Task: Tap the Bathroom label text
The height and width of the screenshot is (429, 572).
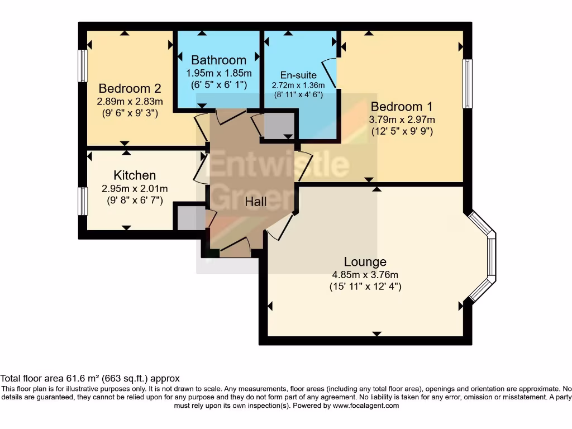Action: [x=218, y=60]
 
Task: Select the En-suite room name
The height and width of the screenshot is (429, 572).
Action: [x=298, y=75]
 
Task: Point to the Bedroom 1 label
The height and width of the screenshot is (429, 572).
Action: [x=402, y=106]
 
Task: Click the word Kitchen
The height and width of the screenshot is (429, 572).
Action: [x=135, y=175]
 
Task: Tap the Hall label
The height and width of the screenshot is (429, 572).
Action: [x=256, y=202]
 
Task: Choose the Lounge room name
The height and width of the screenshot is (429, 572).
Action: [x=365, y=261]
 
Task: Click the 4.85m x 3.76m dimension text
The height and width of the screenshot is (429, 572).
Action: [x=365, y=274]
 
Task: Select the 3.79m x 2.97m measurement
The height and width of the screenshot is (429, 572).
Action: [x=402, y=119]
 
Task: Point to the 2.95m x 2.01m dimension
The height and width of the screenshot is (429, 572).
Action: [x=135, y=188]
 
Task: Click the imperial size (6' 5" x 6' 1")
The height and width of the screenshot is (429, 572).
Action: [x=218, y=84]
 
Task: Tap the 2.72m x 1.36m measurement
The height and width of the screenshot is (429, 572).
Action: [x=298, y=85]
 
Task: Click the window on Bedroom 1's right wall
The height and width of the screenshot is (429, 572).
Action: [x=468, y=83]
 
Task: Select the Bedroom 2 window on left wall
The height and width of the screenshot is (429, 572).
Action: [x=83, y=66]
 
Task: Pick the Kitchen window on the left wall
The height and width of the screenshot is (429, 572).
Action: [x=83, y=201]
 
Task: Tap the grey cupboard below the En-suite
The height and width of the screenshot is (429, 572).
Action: [x=278, y=126]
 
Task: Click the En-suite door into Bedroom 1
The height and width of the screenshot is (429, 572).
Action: [x=330, y=73]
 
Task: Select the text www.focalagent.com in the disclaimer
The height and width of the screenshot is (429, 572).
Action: [x=366, y=406]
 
